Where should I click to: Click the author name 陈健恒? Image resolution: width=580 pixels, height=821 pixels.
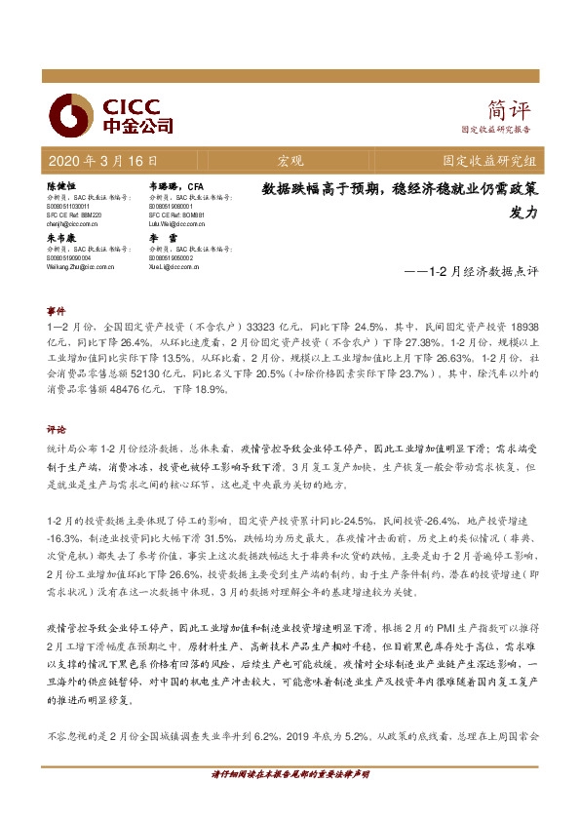[x=60, y=184]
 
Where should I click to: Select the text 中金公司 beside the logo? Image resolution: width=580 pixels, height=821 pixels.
[x=137, y=125]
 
